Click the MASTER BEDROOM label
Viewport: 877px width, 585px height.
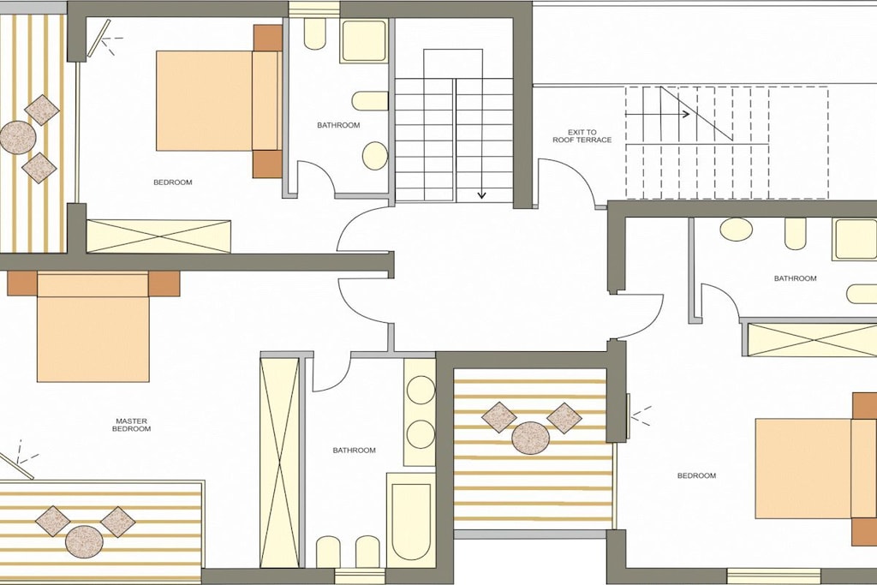pos(131,425)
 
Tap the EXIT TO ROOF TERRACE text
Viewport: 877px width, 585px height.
pos(582,136)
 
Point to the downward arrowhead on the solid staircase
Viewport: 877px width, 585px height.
pos(481,194)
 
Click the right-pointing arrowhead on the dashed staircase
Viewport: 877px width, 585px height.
pos(684,114)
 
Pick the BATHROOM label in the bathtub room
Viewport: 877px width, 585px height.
pos(354,451)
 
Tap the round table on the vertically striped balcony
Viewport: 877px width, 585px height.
pos(18,137)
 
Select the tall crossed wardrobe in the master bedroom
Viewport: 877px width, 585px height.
pos(280,463)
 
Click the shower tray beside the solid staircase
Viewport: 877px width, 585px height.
pos(364,41)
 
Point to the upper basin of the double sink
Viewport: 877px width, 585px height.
pos(421,390)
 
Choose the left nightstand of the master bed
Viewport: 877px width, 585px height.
pos(22,284)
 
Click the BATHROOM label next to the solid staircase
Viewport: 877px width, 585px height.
pos(338,125)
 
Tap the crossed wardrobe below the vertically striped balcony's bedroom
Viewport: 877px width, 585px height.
pos(158,236)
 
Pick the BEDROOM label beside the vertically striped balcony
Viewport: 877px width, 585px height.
pos(173,182)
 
